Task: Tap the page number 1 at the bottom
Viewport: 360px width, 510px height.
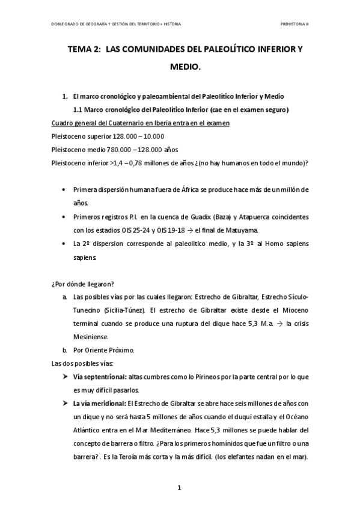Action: pos(179,488)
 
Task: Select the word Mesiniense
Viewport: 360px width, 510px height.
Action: pos(91,337)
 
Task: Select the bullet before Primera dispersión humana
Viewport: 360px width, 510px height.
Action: pos(65,189)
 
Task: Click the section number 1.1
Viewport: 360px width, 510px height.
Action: pos(78,109)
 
